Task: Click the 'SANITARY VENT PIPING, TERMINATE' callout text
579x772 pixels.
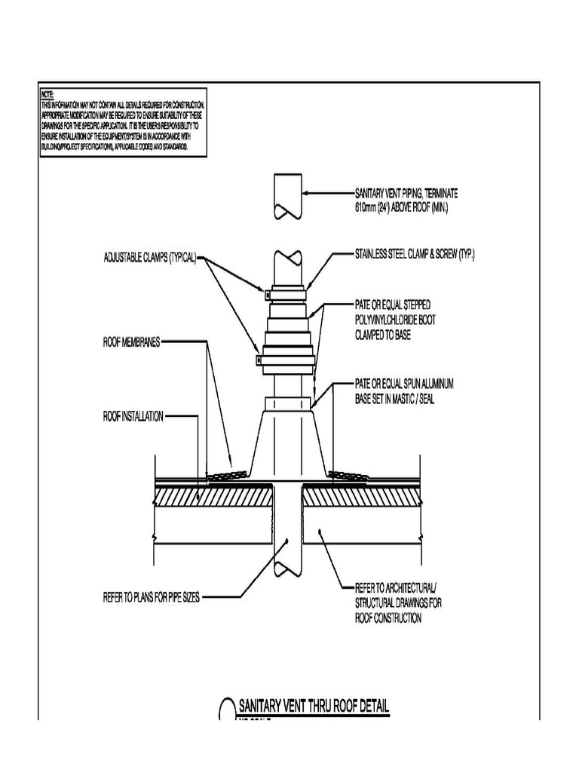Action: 406,193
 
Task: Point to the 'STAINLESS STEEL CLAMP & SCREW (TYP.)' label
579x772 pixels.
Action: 415,256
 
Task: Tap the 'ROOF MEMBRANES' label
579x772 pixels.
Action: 131,341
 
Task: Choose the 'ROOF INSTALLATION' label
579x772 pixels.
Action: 133,415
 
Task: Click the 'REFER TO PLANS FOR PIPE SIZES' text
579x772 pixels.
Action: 151,597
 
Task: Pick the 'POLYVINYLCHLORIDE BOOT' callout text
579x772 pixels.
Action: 395,320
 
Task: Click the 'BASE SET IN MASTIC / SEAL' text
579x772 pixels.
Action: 394,400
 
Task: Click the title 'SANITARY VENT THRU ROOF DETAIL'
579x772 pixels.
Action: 314,706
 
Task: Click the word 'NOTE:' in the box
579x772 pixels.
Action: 47,94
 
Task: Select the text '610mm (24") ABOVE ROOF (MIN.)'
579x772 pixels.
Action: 401,205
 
